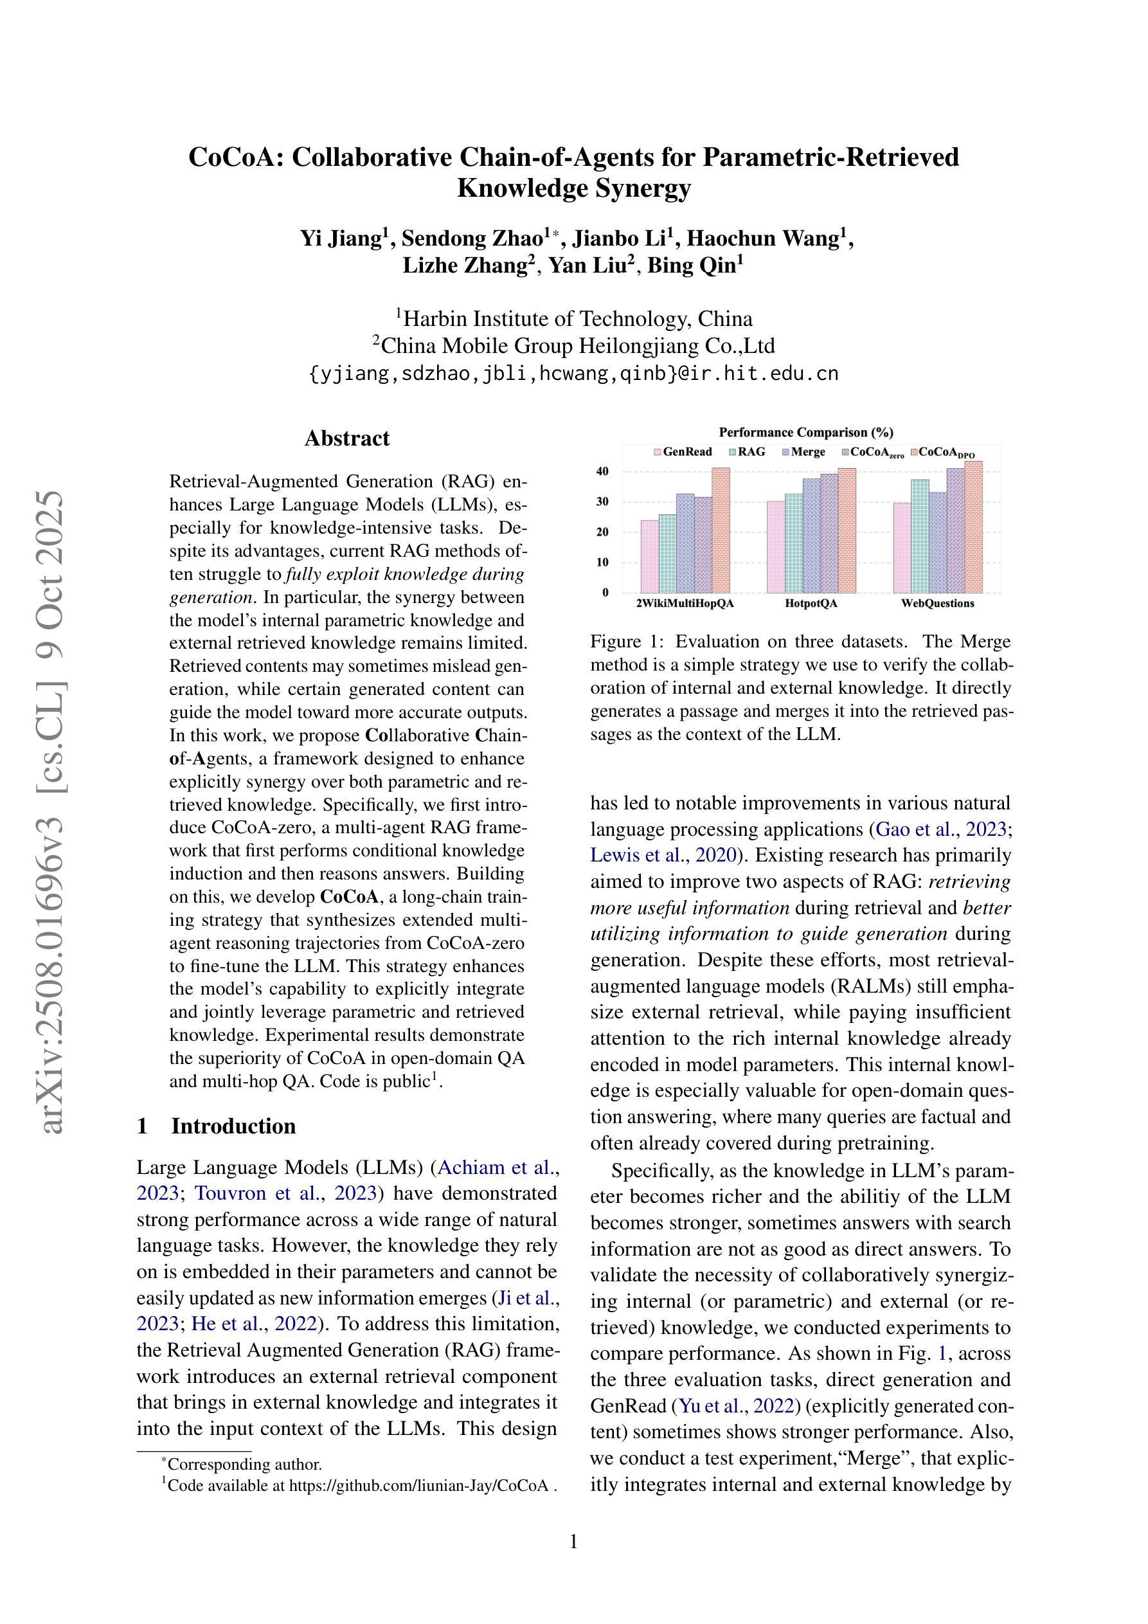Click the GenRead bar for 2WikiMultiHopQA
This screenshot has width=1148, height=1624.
coord(649,556)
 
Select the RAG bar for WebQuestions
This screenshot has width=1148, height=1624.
coord(920,536)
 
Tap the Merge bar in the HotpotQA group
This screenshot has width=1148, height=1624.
coord(811,536)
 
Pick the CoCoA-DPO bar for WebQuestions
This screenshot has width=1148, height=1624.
coord(974,527)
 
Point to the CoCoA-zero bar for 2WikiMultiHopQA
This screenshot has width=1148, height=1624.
coord(703,545)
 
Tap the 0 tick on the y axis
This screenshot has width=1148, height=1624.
coord(605,593)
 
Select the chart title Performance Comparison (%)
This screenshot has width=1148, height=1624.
coord(805,432)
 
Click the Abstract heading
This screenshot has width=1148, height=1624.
coord(346,438)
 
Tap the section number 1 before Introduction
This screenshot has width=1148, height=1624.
coord(142,1126)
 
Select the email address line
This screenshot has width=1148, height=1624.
coord(573,374)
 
